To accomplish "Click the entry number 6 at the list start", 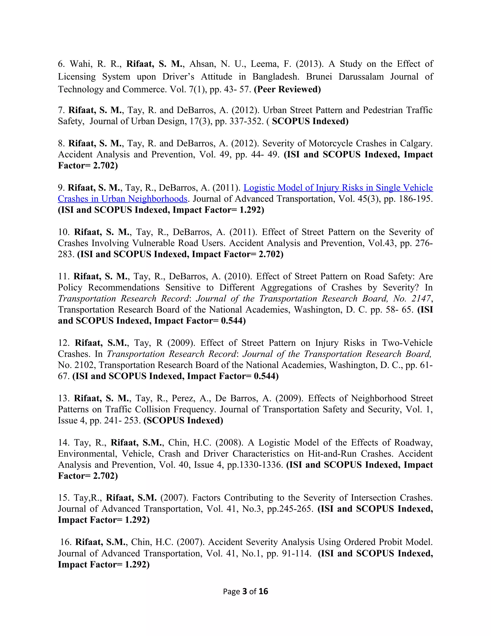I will click(61, 64).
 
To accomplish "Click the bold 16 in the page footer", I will click(263, 591).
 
